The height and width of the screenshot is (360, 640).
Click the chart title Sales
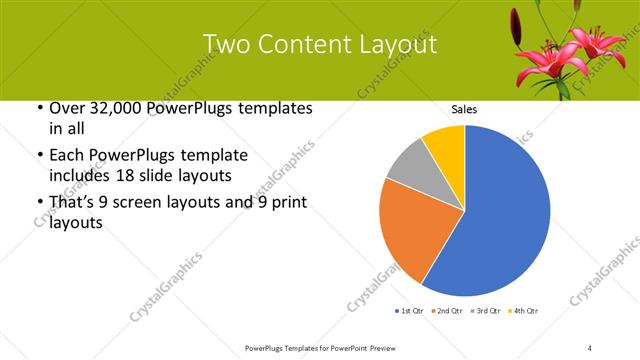click(465, 108)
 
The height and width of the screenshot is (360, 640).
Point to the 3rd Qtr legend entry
click(486, 311)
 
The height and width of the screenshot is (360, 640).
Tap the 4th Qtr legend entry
click(524, 311)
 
